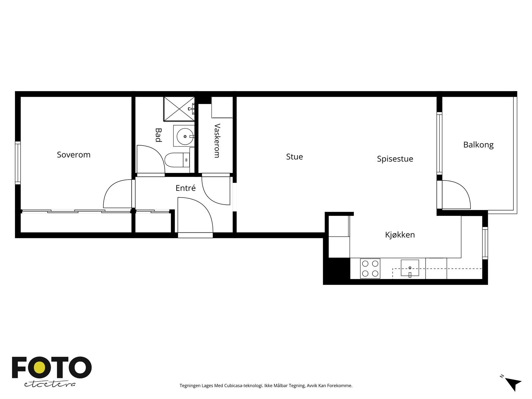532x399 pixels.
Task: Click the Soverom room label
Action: pyautogui.click(x=74, y=155)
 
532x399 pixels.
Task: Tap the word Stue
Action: pyautogui.click(x=295, y=157)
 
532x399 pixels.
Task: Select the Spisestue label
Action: pyautogui.click(x=395, y=159)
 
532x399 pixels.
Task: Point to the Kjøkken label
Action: pyautogui.click(x=400, y=234)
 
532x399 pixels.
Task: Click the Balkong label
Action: pyautogui.click(x=478, y=145)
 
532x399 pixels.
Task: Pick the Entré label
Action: pyautogui.click(x=186, y=188)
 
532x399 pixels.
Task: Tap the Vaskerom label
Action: pyautogui.click(x=217, y=141)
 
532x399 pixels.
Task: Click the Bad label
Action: pyautogui.click(x=158, y=135)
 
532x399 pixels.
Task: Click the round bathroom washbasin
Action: pyautogui.click(x=185, y=136)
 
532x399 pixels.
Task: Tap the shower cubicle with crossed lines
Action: pyautogui.click(x=179, y=109)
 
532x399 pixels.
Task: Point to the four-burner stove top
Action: pyautogui.click(x=370, y=268)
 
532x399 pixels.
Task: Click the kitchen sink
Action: pyautogui.click(x=410, y=268)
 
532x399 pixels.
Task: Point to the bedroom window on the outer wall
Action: pyautogui.click(x=18, y=163)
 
